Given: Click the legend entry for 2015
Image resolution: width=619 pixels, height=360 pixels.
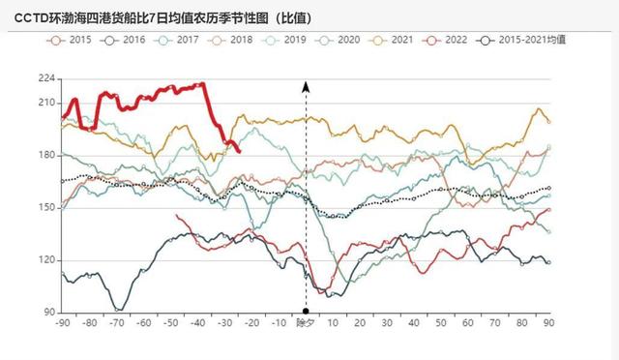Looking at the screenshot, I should tap(74, 40).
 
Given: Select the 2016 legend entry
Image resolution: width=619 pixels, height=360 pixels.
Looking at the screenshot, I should tap(128, 40).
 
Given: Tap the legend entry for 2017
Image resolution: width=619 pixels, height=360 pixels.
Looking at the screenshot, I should tap(182, 40).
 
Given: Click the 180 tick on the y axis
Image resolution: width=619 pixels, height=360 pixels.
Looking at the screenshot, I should tap(45, 155).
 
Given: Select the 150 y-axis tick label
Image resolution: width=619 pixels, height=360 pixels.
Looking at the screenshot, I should tap(45, 207).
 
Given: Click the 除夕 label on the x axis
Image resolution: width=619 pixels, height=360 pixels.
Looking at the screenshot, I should tap(306, 323).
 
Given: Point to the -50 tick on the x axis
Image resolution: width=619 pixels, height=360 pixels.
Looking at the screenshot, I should tap(170, 323).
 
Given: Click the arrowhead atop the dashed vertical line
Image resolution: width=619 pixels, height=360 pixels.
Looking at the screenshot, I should tap(306, 87).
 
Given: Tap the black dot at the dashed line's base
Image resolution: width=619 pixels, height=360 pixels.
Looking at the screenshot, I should tap(306, 313).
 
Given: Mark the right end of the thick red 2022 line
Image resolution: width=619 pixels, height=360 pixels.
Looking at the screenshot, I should tap(239, 150).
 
